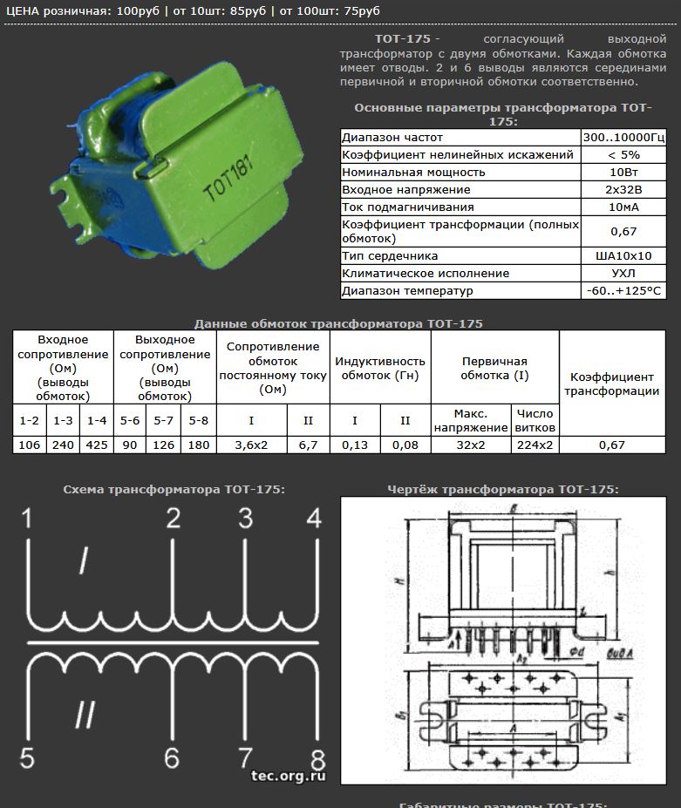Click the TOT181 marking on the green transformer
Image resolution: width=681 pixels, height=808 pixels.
[x=227, y=181]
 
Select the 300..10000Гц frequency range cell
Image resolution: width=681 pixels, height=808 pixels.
[x=623, y=137]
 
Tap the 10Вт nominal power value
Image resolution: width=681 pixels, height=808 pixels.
[x=623, y=172]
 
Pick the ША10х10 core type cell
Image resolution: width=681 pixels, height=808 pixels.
[x=623, y=255]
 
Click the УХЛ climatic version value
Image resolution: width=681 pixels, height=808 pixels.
[x=623, y=273]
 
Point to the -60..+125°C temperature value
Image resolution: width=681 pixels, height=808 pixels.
[x=623, y=290]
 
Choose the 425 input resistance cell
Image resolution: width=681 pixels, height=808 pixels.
[x=97, y=445]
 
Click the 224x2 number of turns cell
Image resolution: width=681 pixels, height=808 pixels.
[x=535, y=445]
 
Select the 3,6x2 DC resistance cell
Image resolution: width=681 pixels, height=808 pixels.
[x=251, y=445]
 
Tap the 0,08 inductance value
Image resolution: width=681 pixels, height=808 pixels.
[x=405, y=445]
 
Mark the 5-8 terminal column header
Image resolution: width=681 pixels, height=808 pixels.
[x=199, y=420]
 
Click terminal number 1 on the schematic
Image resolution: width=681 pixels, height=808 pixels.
[x=27, y=519]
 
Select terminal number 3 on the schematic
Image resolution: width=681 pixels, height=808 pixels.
[x=246, y=519]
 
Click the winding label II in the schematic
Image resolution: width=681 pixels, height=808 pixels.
[x=85, y=715]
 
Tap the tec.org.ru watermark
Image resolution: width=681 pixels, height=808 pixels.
[x=288, y=774]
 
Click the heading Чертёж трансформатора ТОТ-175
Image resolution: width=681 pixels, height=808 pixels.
[x=502, y=489]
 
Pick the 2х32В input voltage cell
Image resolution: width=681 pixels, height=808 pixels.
[x=623, y=189]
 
